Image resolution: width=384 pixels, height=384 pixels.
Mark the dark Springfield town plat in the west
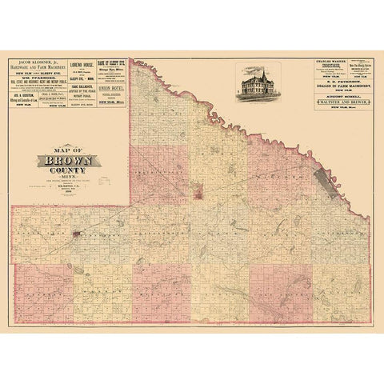point(74,235)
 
